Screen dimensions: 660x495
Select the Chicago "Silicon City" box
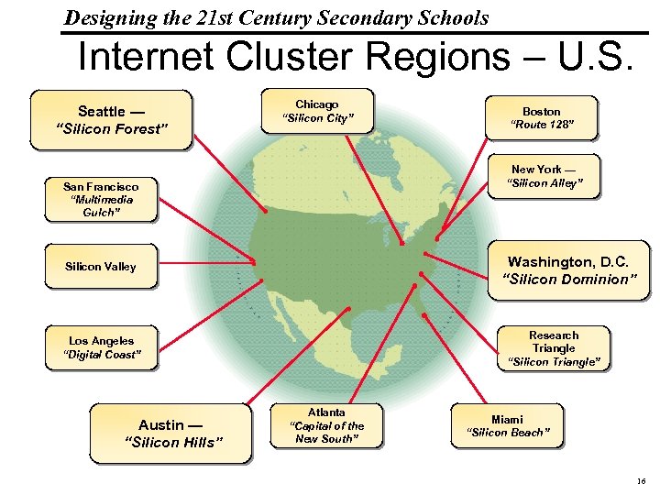[x=317, y=112]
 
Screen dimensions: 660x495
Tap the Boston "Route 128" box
[x=541, y=117]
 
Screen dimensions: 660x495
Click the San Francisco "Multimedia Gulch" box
[x=101, y=199]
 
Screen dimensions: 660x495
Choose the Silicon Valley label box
[x=100, y=267]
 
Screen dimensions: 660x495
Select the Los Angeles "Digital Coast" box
[x=101, y=347]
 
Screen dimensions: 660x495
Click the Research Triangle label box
[x=554, y=348]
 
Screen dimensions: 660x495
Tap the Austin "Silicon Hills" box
[x=170, y=433]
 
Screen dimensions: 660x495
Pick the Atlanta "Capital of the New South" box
[x=326, y=425]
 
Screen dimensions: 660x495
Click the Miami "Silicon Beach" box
[x=507, y=425]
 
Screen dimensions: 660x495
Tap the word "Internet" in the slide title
[x=147, y=58]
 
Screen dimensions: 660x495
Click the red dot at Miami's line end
[x=424, y=315]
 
